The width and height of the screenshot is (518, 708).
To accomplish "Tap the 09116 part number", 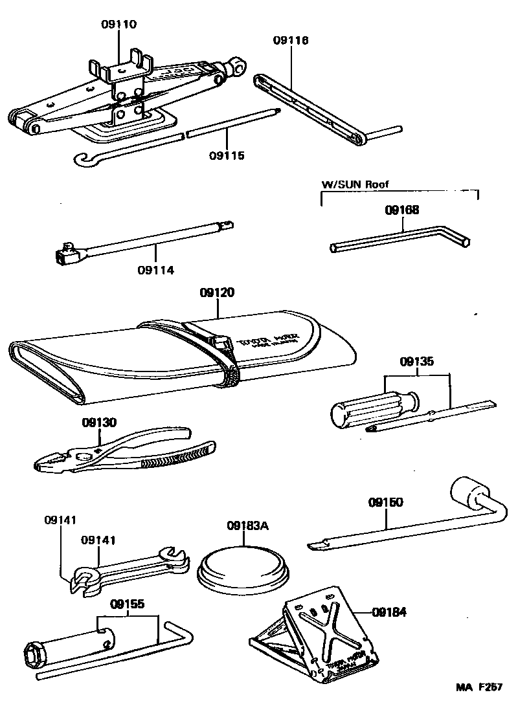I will (291, 40).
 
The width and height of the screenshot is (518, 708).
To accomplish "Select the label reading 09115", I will (227, 155).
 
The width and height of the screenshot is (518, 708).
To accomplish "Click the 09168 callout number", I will (401, 210).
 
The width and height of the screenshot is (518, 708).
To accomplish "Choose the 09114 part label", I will (155, 270).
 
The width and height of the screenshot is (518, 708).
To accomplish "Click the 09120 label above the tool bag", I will (217, 293).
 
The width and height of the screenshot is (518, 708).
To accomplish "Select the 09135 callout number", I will (416, 362).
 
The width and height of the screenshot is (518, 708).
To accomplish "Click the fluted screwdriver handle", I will (362, 407).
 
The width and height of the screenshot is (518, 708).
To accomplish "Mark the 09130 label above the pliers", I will (99, 423).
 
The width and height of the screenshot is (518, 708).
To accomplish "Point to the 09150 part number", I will (386, 502).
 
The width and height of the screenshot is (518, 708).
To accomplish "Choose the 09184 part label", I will (389, 611).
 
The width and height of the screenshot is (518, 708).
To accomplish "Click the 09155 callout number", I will (127, 604).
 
